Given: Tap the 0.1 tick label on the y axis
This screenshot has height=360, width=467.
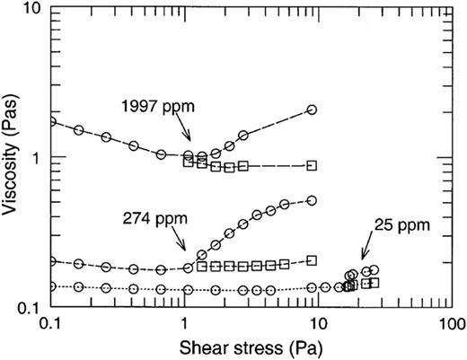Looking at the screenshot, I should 28,307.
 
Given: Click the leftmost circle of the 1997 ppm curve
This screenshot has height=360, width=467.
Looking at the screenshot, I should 50,120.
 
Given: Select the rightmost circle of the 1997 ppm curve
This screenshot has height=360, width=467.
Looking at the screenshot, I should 312,110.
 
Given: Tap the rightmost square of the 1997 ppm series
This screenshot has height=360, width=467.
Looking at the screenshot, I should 312,166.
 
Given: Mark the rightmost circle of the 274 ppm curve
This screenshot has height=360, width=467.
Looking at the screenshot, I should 312,200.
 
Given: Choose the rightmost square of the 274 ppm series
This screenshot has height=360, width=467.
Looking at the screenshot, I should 312,260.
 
